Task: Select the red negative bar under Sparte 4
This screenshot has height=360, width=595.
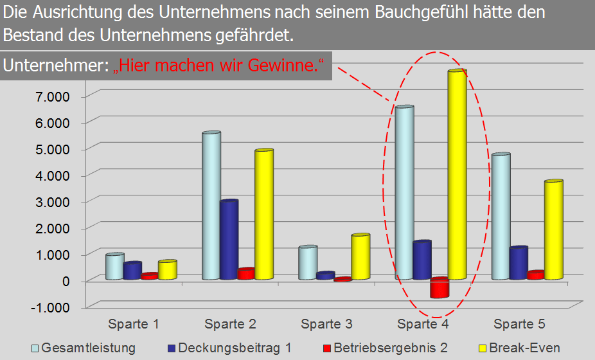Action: (x=440, y=288)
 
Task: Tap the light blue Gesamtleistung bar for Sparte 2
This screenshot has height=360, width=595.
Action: (x=211, y=206)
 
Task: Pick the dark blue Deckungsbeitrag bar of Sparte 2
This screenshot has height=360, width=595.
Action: (x=229, y=240)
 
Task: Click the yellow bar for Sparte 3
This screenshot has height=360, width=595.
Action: (x=360, y=257)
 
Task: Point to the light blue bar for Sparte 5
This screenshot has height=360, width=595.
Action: (x=501, y=217)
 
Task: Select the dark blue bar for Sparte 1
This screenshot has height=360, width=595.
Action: (x=132, y=271)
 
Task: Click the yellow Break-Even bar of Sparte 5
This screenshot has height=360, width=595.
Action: (x=553, y=230)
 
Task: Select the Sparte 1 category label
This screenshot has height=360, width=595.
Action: (x=134, y=323)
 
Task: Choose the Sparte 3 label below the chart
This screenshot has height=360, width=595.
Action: (x=326, y=323)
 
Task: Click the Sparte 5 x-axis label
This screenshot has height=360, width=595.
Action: (x=519, y=323)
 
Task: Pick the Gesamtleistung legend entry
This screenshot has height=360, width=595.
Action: (x=88, y=348)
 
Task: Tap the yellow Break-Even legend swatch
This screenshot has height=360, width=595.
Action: (x=483, y=348)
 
